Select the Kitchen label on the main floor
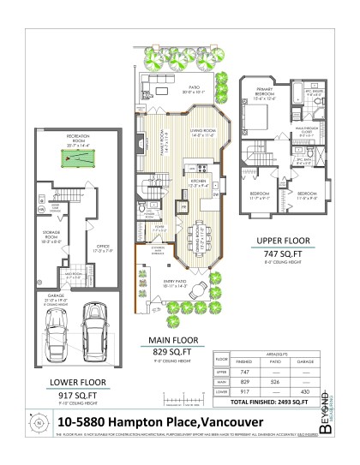point(195,182)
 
